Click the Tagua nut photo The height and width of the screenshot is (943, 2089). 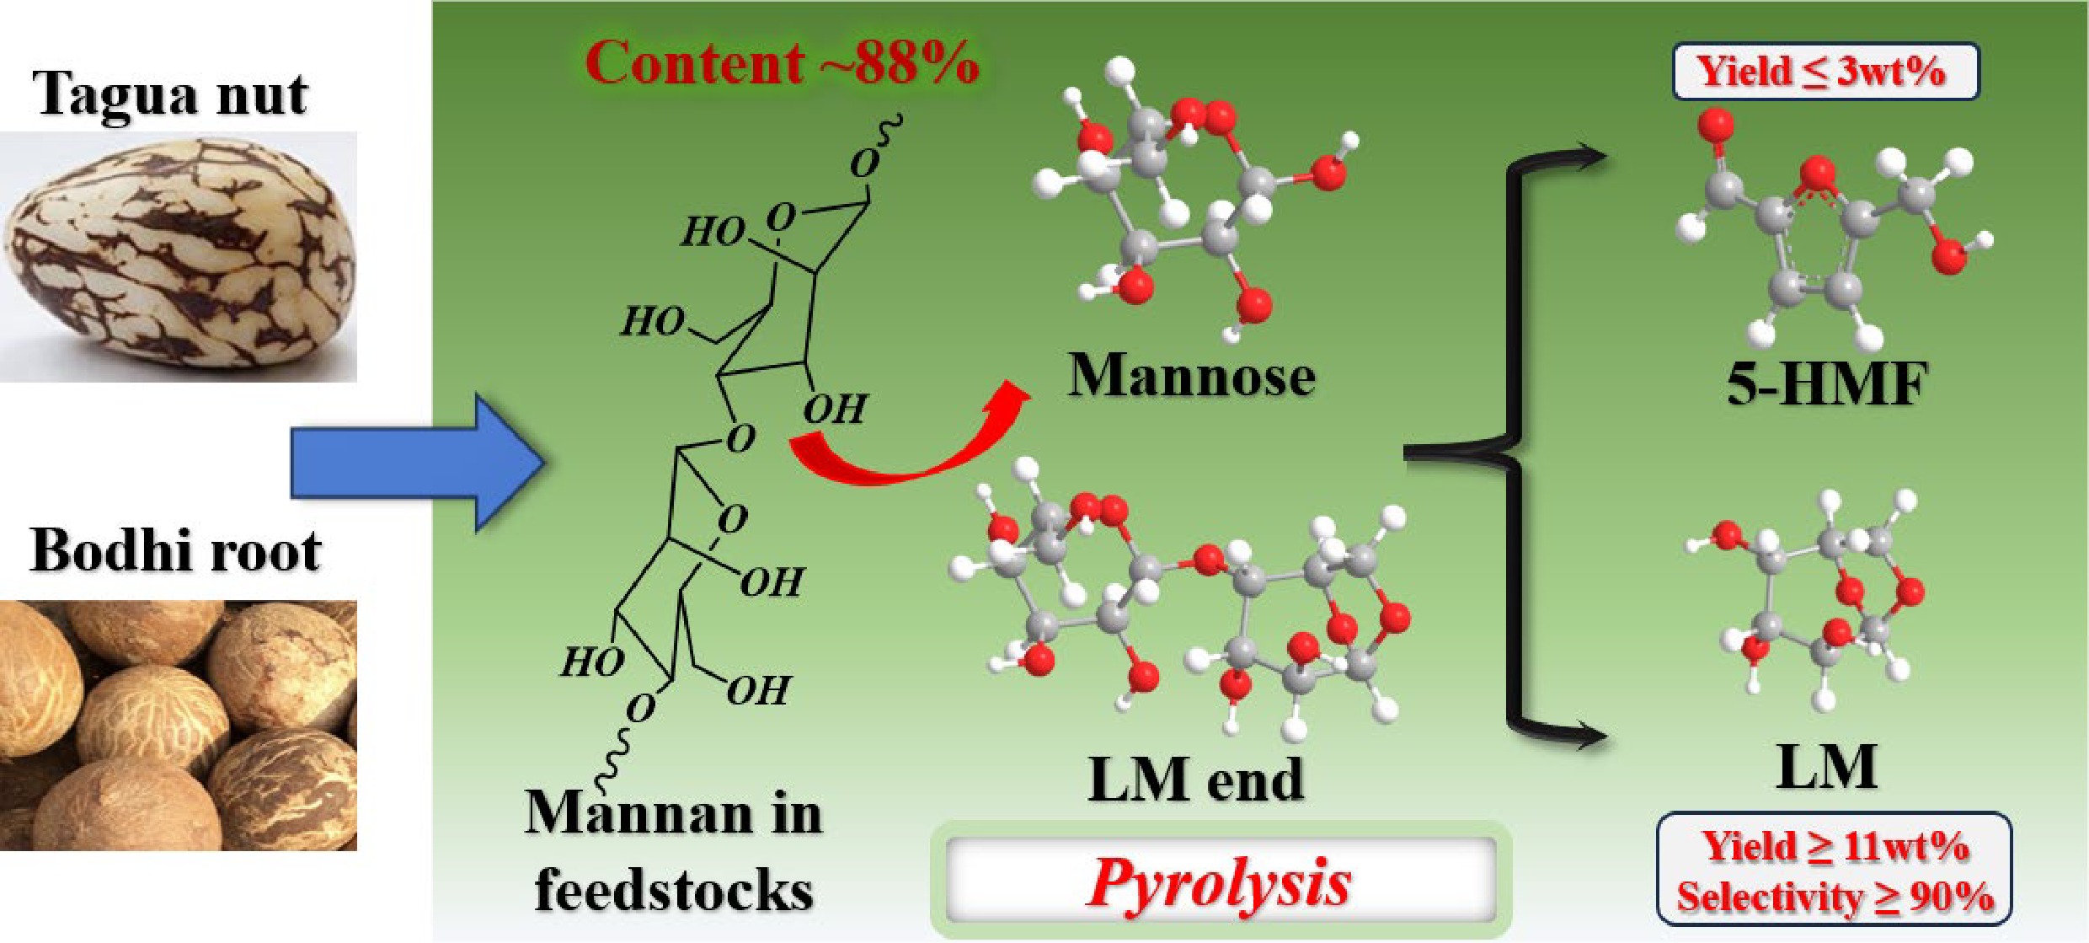pos(179,257)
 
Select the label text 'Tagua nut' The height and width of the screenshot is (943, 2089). pos(170,94)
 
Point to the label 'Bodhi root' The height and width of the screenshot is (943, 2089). pos(175,552)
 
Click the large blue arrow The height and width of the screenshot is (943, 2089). pos(417,462)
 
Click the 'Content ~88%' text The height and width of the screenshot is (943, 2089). pos(782,63)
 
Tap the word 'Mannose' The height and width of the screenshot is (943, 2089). pos(1191,376)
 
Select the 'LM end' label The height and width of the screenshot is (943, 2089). pos(1196,780)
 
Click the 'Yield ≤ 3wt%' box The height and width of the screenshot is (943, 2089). pos(1825,72)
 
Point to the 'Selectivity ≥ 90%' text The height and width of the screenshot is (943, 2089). pos(1835,897)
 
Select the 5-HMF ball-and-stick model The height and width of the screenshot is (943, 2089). pos(1828,228)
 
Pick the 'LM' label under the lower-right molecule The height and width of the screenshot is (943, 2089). pos(1826,767)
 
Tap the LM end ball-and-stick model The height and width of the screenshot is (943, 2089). pos(1179,607)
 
